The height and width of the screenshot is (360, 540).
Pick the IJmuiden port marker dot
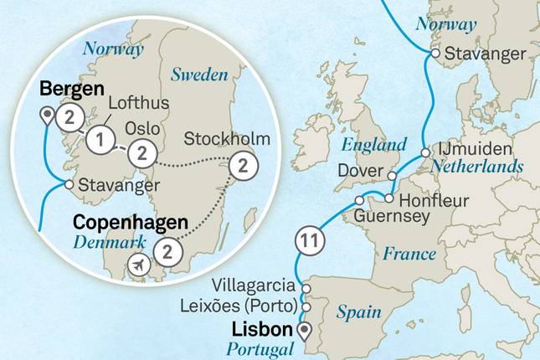tap(426, 152)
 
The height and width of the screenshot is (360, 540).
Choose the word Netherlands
tap(478, 167)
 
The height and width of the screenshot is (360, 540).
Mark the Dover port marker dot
tap(391, 175)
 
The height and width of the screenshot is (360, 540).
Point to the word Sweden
tap(199, 75)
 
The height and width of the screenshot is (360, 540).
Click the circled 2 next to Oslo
tap(142, 152)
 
